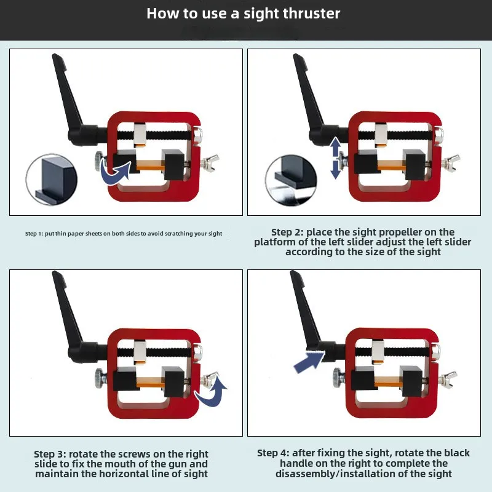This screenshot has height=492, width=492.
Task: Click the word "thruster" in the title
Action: pos(311,14)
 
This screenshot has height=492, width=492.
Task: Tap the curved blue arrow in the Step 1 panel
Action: pos(116,173)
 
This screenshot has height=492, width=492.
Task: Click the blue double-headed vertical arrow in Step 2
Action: pos(335,158)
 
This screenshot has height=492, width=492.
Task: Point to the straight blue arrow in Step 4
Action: pos(309,362)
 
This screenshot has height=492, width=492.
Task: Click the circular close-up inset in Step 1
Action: pos(51,180)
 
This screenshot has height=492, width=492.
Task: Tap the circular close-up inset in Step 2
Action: pos(291,180)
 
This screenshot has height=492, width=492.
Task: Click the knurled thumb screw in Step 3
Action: pos(100,378)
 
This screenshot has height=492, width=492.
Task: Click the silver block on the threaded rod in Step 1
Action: pos(140,135)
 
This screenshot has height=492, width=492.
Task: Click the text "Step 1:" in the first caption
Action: pos(34,234)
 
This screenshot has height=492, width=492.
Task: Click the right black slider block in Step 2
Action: pos(415,165)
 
